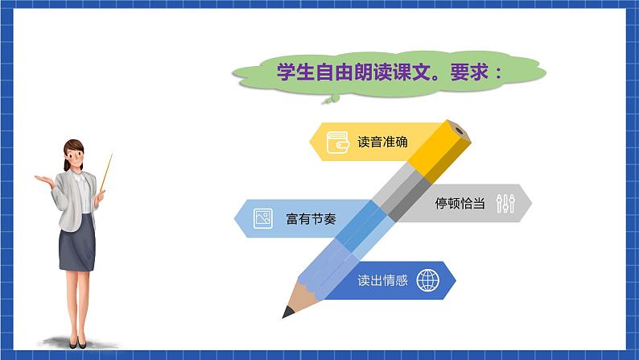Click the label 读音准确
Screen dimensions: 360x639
point(382,142)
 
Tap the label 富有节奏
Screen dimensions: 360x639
point(311,218)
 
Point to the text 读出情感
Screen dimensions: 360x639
point(382,281)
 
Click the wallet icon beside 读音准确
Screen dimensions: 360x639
point(336,142)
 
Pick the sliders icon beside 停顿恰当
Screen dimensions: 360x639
point(505,204)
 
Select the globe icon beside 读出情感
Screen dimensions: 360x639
point(428,281)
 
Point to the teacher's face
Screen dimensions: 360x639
point(75,155)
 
